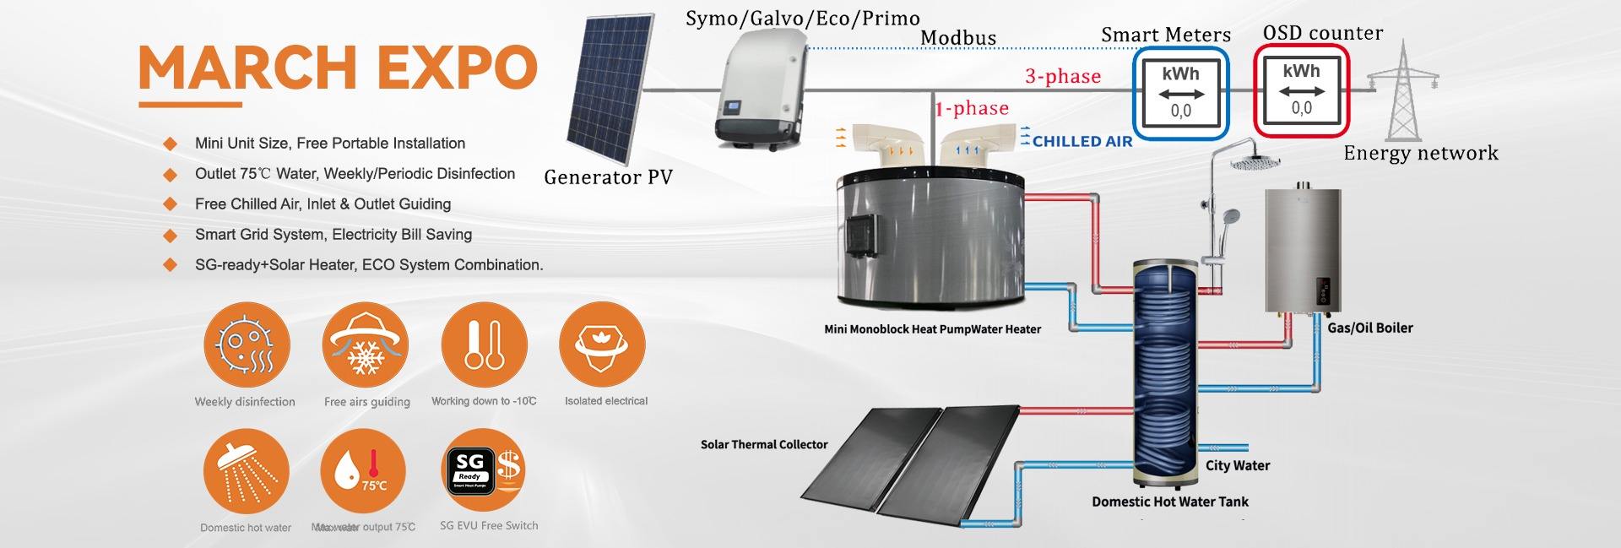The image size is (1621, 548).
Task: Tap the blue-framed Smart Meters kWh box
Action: click(x=1179, y=92)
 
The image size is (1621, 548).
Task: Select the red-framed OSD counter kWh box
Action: click(x=1301, y=90)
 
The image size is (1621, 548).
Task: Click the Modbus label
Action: click(x=957, y=38)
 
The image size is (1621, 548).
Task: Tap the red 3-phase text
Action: click(x=1062, y=76)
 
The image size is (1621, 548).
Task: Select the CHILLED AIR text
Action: click(x=1082, y=142)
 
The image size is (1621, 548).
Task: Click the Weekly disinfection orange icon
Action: click(x=247, y=346)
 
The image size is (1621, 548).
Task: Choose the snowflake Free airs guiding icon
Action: click(x=365, y=346)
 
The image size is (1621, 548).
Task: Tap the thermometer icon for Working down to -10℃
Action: click(x=484, y=346)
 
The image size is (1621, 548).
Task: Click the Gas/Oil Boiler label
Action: click(x=1369, y=328)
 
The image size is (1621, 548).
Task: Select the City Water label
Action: click(x=1237, y=465)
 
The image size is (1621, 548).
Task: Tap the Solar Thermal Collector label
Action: click(x=764, y=444)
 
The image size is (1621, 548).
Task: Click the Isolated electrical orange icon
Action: click(x=602, y=346)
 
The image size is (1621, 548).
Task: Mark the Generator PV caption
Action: click(x=608, y=177)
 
